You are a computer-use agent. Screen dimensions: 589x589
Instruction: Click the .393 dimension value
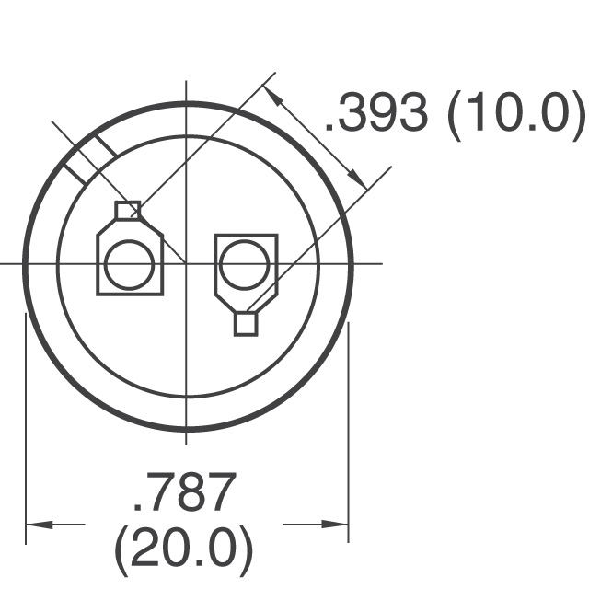(376, 112)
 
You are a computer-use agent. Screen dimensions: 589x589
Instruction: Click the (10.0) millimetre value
(516, 115)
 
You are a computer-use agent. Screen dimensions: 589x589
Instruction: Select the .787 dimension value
(185, 492)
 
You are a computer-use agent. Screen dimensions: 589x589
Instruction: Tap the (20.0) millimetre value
(183, 551)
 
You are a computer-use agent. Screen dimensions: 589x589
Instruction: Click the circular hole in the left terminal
(129, 265)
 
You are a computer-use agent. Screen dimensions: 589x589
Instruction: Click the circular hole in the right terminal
(244, 265)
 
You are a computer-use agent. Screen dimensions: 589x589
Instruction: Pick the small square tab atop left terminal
(128, 210)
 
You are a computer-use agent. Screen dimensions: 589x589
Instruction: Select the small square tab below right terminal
(246, 324)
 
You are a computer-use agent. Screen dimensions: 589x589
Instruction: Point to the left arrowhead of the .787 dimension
(39, 525)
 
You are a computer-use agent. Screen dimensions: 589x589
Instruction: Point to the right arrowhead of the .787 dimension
(335, 525)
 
